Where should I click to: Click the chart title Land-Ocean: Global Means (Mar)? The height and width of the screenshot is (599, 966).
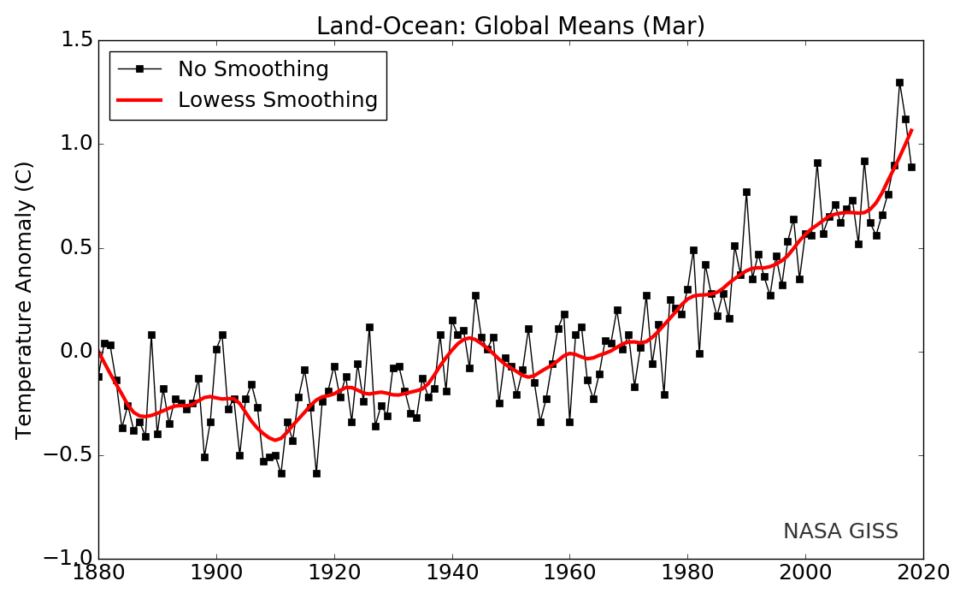(510, 27)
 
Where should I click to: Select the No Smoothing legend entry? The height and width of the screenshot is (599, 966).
(253, 69)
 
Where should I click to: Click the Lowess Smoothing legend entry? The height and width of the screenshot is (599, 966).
(277, 100)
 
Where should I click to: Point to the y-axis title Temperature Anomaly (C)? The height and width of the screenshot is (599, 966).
(24, 299)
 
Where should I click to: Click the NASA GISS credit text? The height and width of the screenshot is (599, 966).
(840, 531)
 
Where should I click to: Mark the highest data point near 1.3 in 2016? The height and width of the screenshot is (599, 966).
(899, 83)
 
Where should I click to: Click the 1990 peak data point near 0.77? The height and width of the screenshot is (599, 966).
(746, 193)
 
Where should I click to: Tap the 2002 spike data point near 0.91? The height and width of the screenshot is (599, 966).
(817, 163)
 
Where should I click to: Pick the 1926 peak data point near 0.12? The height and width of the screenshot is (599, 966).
(369, 327)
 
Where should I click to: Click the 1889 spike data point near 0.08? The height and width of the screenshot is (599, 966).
(151, 335)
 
